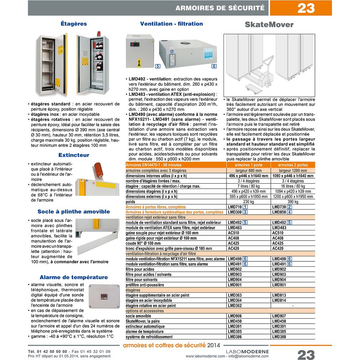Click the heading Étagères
click(x=74, y=24)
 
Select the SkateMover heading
click(x=269, y=24)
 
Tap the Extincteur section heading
click(x=74, y=155)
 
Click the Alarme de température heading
click(x=74, y=277)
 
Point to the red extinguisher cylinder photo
click(x=97, y=171)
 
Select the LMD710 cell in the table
click(x=235, y=207)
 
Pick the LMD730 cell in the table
click(x=279, y=207)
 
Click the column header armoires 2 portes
click(x=293, y=165)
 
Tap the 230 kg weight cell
click(x=248, y=202)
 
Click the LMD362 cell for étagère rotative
click(x=235, y=306)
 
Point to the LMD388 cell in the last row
click(x=279, y=337)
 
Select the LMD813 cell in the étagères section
click(x=279, y=295)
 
